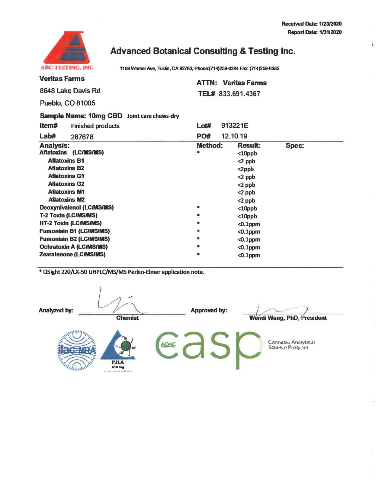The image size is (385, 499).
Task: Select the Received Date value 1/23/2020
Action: tap(330, 24)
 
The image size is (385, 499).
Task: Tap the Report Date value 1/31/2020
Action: tap(330, 32)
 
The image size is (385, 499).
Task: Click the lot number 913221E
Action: tap(235, 126)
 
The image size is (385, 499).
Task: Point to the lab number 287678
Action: tap(82, 137)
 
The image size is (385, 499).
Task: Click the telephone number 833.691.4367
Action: tap(239, 94)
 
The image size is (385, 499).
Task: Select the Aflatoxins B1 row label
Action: tap(66, 161)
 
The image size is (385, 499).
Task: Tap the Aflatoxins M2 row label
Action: tap(66, 200)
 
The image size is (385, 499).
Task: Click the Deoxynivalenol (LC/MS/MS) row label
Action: tap(77, 208)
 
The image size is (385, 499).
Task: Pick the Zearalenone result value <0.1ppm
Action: tap(249, 256)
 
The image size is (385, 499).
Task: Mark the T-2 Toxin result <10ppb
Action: tap(247, 217)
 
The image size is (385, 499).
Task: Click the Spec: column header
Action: tap(295, 146)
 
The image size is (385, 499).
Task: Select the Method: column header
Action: tap(210, 146)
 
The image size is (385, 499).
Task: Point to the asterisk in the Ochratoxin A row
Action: tap(198, 247)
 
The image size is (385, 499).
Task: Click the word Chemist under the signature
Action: tap(127, 318)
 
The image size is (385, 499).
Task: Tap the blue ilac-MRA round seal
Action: tap(77, 351)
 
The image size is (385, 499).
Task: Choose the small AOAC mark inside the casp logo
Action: tap(168, 345)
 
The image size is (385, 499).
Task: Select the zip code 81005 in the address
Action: tap(86, 103)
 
